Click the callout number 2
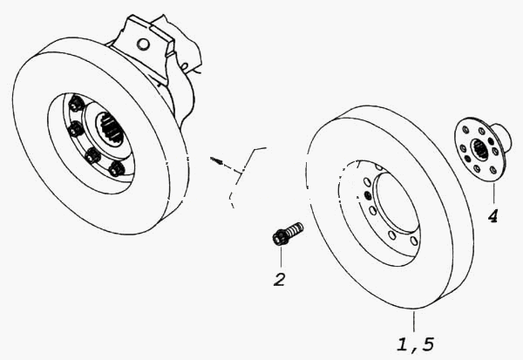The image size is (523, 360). [x=280, y=280]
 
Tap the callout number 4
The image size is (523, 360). [x=493, y=216]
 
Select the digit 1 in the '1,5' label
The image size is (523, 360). [x=403, y=344]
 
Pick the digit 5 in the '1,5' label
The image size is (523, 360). [x=427, y=344]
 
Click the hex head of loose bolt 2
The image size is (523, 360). [x=279, y=238]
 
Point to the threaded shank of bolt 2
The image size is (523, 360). [x=295, y=229]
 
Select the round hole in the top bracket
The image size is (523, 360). [x=143, y=44]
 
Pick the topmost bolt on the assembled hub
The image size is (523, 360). [x=76, y=104]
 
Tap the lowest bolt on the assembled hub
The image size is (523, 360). [x=117, y=169]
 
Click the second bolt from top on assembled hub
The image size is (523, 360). [x=76, y=129]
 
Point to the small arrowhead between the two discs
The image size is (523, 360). [x=215, y=160]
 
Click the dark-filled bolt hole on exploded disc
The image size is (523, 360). [x=368, y=195]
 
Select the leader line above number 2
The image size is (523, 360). [x=281, y=256]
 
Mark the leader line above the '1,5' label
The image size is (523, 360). [x=414, y=321]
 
